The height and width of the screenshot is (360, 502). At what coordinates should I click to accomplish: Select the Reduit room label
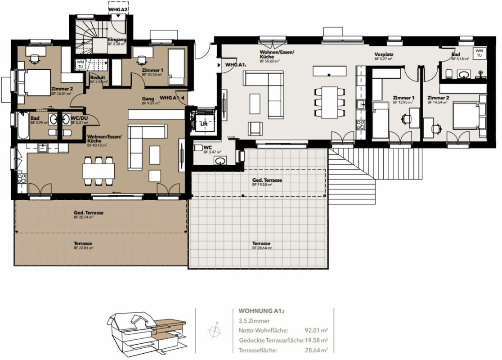click(98, 77)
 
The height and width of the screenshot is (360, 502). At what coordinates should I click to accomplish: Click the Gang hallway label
click(148, 99)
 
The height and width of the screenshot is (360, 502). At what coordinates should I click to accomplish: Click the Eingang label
click(117, 40)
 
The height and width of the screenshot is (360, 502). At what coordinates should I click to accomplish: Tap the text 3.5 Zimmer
click(254, 321)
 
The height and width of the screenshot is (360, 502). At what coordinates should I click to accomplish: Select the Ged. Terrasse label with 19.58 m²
click(267, 180)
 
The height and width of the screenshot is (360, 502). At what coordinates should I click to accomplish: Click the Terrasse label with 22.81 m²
click(83, 243)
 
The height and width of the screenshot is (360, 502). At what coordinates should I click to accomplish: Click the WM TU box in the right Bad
click(480, 52)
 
